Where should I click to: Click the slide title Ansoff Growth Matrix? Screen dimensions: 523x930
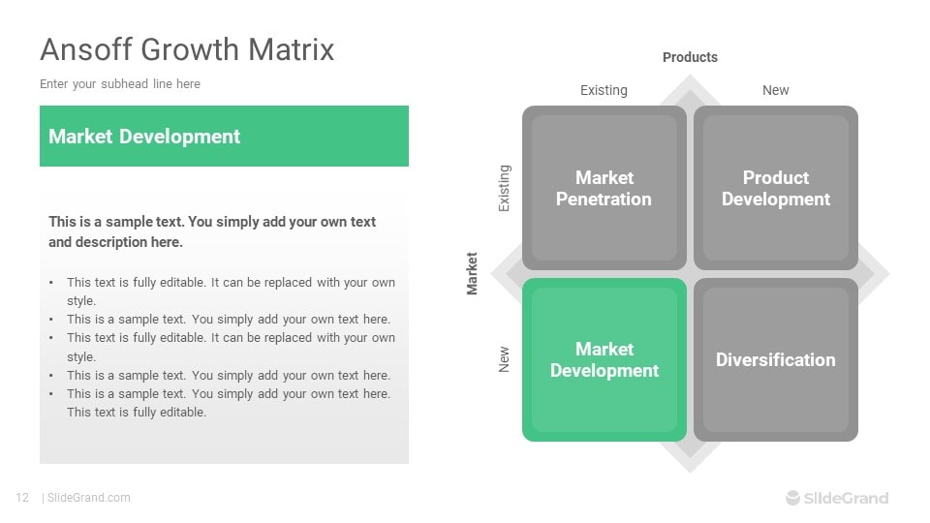point(187,49)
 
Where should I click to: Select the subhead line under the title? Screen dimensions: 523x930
point(120,84)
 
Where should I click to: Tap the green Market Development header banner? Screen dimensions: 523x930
point(224,137)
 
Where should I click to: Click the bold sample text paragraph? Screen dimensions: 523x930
point(212,231)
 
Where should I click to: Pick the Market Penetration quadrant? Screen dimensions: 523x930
point(604,188)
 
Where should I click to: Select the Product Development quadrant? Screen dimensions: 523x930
point(775,188)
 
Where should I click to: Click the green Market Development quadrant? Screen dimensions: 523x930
point(604,359)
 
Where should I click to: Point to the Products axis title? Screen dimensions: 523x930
point(690,57)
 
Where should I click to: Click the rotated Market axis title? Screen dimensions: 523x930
point(473,273)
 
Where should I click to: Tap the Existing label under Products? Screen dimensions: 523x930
point(604,90)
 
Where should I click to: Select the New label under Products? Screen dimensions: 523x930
point(775,90)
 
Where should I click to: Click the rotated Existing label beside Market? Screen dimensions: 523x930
point(504,188)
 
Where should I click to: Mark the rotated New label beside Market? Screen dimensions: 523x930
point(504,360)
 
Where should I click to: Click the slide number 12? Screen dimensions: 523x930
point(22,498)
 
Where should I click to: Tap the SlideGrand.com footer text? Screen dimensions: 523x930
point(88,498)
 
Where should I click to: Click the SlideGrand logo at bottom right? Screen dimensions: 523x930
point(836,498)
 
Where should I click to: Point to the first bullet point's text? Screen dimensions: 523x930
point(231,292)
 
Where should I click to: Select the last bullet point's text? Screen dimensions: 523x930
point(228,403)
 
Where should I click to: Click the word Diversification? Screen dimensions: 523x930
point(775,359)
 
